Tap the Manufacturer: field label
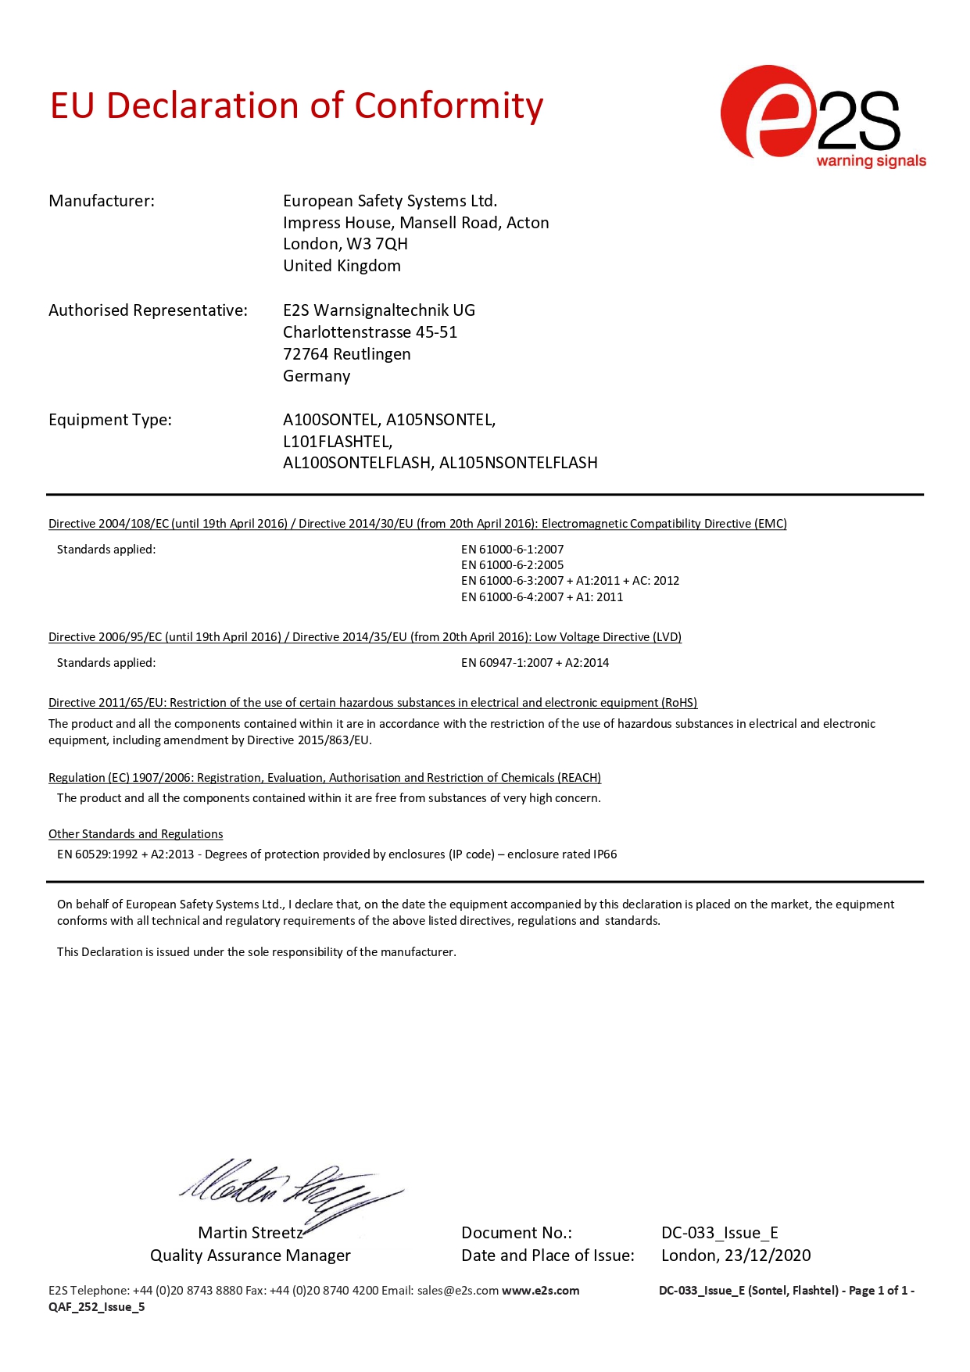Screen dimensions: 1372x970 point(102,201)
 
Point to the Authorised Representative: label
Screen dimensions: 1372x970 point(148,310)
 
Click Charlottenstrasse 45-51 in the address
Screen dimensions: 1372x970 point(370,332)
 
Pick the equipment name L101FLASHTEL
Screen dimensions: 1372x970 point(337,442)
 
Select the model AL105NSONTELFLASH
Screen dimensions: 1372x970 point(518,463)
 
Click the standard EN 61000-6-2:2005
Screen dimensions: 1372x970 point(512,565)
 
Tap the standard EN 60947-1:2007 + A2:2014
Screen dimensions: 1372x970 point(535,663)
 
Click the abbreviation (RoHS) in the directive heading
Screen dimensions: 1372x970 point(679,703)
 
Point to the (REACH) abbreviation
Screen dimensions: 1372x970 point(579,778)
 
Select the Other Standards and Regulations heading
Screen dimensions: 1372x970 point(135,834)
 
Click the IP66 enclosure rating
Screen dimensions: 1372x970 point(605,854)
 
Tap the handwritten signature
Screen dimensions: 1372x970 point(289,1188)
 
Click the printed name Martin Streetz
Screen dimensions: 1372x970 point(250,1233)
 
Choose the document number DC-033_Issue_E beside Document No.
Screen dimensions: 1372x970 point(719,1233)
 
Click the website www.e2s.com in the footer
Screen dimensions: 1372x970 point(540,1291)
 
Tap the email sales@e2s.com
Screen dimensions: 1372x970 point(457,1291)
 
